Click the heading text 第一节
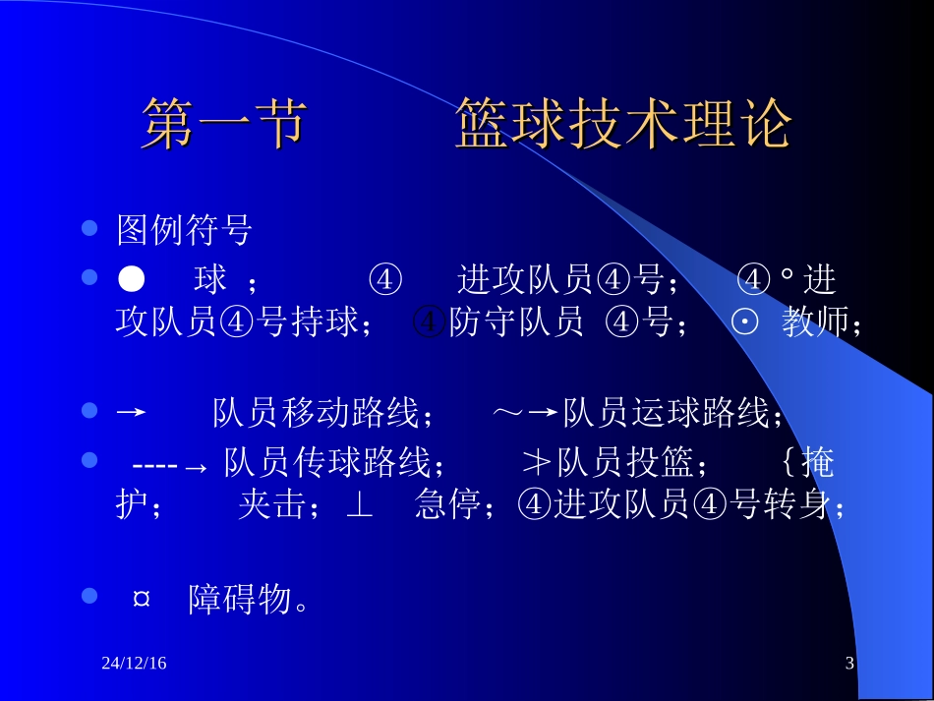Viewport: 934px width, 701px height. [223, 125]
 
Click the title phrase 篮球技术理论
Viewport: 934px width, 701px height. [623, 125]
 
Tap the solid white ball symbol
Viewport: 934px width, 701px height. [131, 280]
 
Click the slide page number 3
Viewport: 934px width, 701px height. [849, 665]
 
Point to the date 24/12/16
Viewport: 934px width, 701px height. [134, 665]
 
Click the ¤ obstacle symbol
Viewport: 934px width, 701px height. [141, 600]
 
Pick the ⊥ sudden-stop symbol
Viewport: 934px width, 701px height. [360, 506]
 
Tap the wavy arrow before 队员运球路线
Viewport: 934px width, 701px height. [525, 414]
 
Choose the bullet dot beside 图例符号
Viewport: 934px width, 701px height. [90, 229]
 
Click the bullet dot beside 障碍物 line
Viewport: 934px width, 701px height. [90, 596]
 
